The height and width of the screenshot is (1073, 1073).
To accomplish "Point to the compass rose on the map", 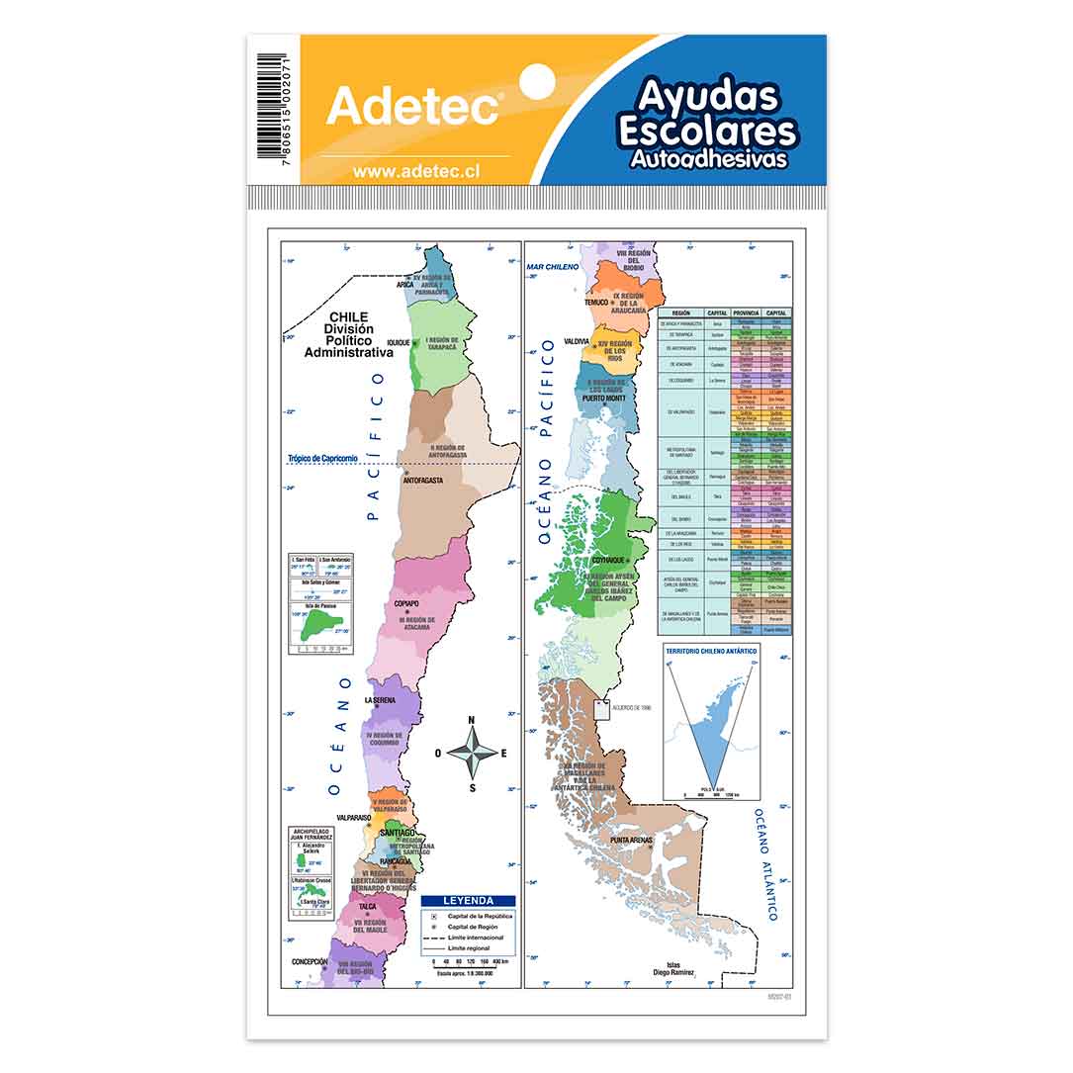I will [472, 753].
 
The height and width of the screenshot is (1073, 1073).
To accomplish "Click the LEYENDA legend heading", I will [468, 901].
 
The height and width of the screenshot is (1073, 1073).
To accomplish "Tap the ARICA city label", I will [404, 284].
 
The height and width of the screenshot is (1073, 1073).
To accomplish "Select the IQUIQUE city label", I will [398, 342].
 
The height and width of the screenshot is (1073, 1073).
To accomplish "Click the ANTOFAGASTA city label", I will [422, 481].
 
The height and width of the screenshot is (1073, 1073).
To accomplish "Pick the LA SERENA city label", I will [379, 700].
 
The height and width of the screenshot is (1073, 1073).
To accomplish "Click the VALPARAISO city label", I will [353, 818].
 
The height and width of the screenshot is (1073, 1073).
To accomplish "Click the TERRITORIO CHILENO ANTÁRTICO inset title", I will [711, 651].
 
